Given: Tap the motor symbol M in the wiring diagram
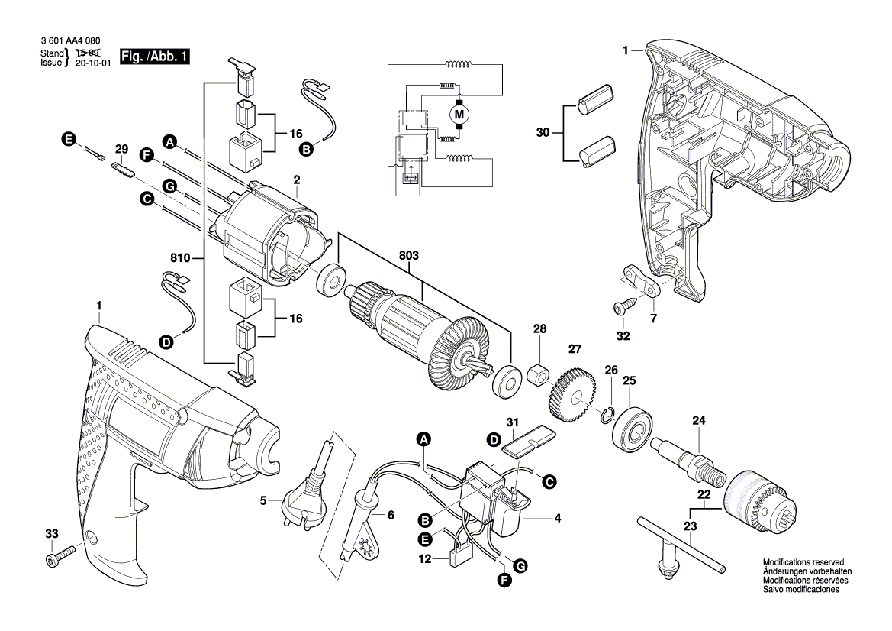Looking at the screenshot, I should coord(459,115).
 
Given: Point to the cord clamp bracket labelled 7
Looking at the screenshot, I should coord(643,280).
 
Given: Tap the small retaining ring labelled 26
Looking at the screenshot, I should coord(607,415).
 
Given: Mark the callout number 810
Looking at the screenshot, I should coord(180,259).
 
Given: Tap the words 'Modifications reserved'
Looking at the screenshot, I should coord(800,562).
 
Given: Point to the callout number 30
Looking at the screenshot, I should coord(543,133).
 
